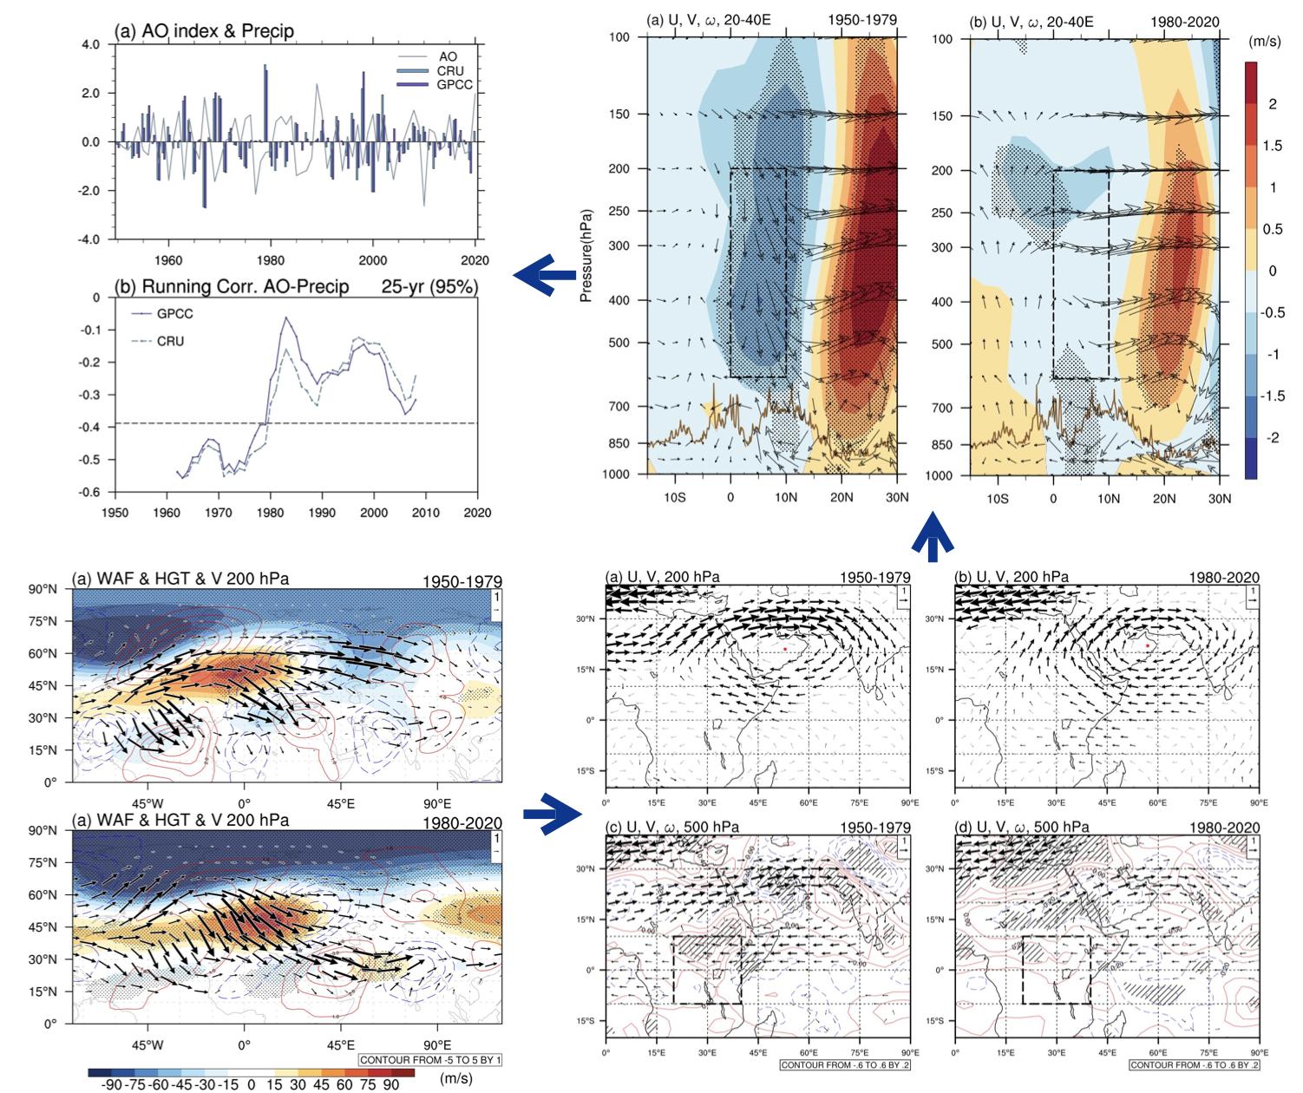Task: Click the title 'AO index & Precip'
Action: point(204,31)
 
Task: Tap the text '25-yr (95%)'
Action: point(429,286)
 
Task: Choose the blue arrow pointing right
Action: point(552,814)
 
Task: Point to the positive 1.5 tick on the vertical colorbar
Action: point(1273,146)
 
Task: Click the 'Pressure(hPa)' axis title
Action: point(586,256)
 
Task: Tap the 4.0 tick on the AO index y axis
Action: point(90,44)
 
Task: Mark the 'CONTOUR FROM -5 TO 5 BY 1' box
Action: point(430,1060)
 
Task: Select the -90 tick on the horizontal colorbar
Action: point(111,1084)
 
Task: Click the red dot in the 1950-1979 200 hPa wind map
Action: point(785,649)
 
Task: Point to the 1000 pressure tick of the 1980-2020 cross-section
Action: point(941,475)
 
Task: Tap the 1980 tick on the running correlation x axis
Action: point(271,513)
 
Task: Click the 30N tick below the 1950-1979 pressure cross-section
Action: point(896,498)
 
